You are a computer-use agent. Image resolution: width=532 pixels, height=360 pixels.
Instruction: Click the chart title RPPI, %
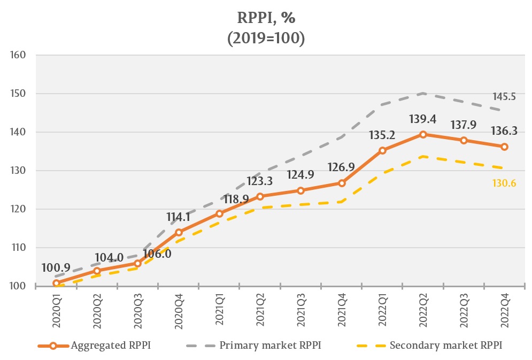(x=266, y=18)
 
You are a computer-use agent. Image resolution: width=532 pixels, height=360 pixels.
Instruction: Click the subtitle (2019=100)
(x=266, y=39)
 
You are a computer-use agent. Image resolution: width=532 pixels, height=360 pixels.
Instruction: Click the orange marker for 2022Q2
(x=423, y=134)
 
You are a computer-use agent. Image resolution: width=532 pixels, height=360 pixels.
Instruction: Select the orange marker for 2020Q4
(x=179, y=232)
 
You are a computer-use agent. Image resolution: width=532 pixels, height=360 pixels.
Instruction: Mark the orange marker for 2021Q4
(x=342, y=183)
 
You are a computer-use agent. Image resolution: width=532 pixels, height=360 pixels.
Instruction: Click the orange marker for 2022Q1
(x=382, y=150)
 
